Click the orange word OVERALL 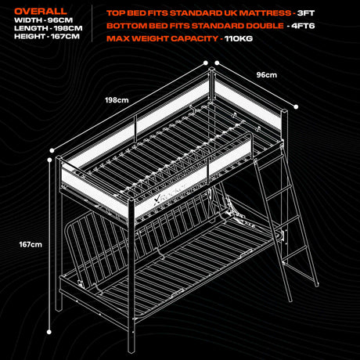tap(41, 11)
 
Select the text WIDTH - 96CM tap(43, 20)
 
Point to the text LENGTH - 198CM tap(49, 28)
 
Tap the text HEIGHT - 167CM tap(47, 36)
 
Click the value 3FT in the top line tap(306, 13)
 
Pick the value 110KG tap(239, 38)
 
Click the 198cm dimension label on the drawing tap(117, 100)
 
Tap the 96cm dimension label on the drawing tap(266, 75)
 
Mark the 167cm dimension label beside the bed tap(31, 244)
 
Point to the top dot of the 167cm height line tap(50, 160)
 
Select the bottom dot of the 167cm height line tap(49, 332)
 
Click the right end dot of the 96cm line tap(296, 106)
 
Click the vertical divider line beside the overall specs tap(92, 23)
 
